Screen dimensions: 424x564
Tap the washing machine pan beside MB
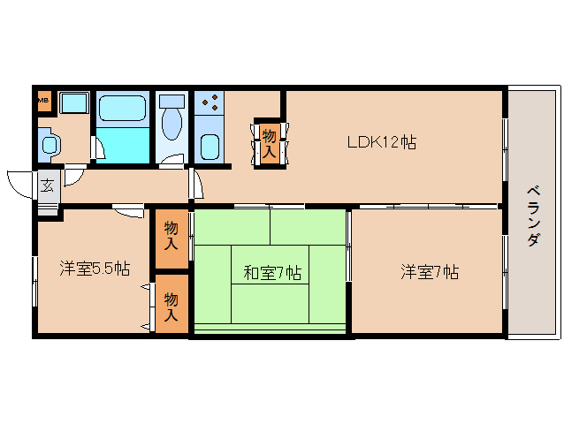click(x=74, y=102)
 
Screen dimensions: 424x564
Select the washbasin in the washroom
click(x=49, y=142)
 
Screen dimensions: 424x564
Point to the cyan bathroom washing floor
click(x=124, y=144)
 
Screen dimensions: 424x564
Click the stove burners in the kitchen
click(x=210, y=102)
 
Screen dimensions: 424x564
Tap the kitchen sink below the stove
click(x=210, y=146)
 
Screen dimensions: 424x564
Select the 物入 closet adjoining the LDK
click(x=269, y=143)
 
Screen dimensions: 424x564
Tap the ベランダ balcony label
click(x=533, y=216)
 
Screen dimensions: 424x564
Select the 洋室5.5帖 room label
click(x=94, y=269)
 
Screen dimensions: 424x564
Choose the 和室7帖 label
click(x=271, y=273)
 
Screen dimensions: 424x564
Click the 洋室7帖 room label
click(x=429, y=272)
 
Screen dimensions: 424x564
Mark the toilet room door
click(x=171, y=161)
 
